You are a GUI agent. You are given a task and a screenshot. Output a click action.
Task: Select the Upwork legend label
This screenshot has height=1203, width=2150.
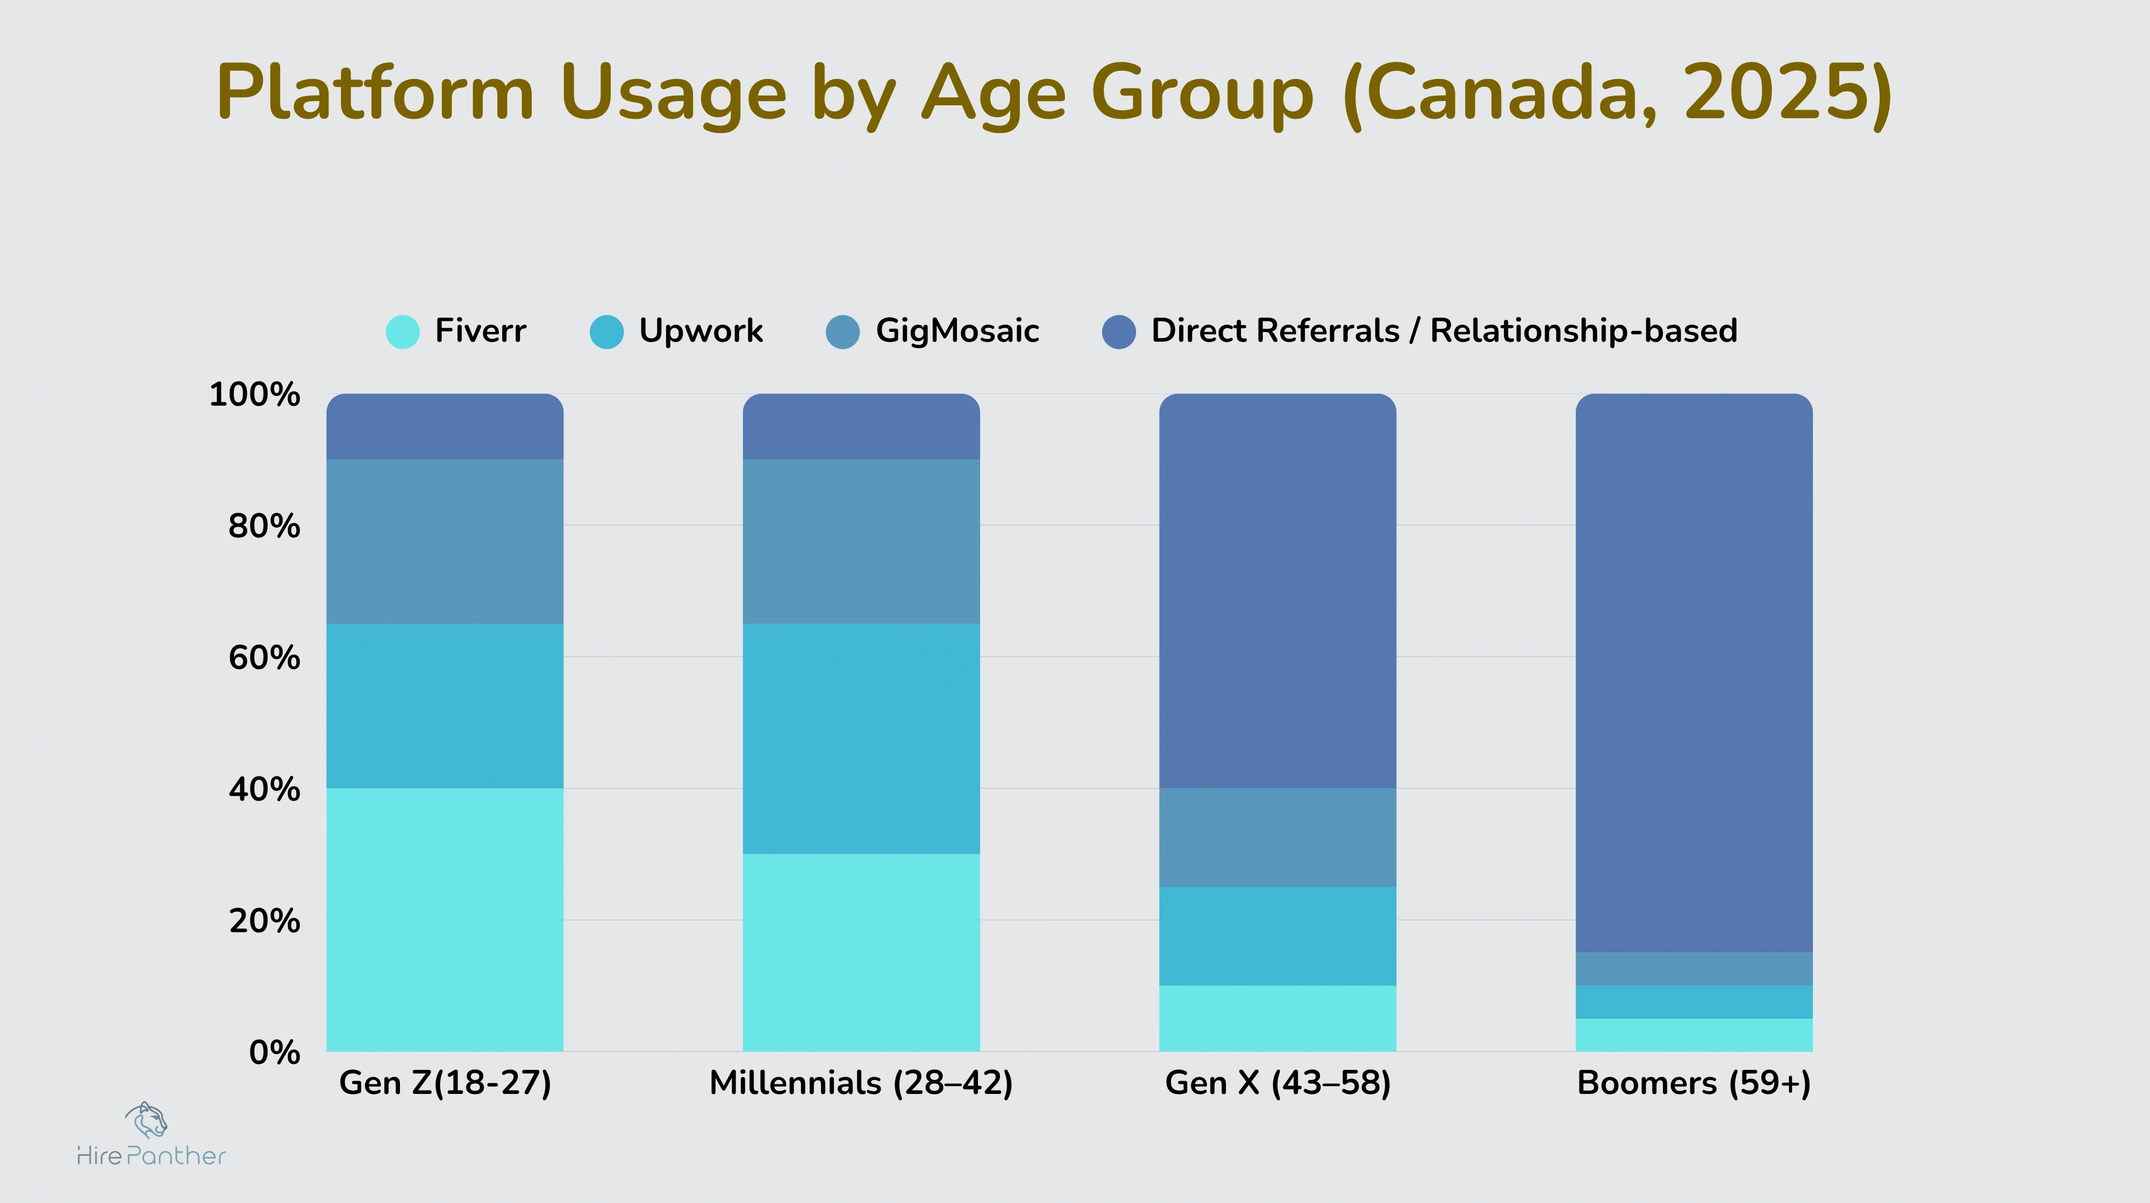pyautogui.click(x=700, y=331)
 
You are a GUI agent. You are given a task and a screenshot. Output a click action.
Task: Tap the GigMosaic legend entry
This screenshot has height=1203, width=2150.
pyautogui.click(x=956, y=331)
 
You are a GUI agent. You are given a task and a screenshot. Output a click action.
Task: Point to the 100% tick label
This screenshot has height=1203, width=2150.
pyautogui.click(x=254, y=394)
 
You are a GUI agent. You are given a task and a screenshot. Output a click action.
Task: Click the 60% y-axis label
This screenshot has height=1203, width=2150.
pyautogui.click(x=264, y=658)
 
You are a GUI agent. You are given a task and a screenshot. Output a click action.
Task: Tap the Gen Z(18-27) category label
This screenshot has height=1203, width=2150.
pyautogui.click(x=445, y=1083)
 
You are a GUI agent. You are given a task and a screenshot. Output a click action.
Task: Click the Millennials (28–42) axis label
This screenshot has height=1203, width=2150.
pyautogui.click(x=861, y=1083)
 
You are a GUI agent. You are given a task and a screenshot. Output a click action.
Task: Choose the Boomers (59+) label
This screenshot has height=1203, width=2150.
pyautogui.click(x=1694, y=1083)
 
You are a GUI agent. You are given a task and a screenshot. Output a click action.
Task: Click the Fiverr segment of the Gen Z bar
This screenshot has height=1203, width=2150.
pyautogui.click(x=445, y=919)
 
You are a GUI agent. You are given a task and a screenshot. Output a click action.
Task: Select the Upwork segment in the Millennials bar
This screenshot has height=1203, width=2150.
pyautogui.click(x=861, y=738)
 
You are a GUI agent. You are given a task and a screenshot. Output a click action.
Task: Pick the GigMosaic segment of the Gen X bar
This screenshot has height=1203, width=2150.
pyautogui.click(x=1277, y=837)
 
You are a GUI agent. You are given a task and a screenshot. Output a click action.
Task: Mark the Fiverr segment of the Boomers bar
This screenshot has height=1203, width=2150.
pyautogui.click(x=1694, y=1034)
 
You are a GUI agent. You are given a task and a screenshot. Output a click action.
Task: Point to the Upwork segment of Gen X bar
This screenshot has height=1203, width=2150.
pyautogui.click(x=1277, y=935)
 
